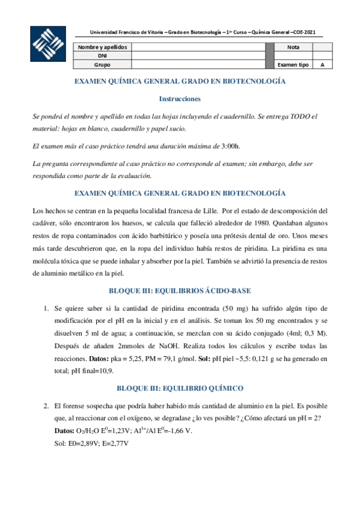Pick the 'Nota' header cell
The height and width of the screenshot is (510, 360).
pos(293,46)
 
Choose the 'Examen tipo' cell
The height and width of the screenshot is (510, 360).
pos(293,64)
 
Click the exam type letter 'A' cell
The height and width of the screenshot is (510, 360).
pos(322,64)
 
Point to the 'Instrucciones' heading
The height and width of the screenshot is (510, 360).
pos(180,98)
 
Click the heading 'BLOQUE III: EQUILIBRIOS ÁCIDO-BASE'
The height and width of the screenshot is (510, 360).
pos(180,291)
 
